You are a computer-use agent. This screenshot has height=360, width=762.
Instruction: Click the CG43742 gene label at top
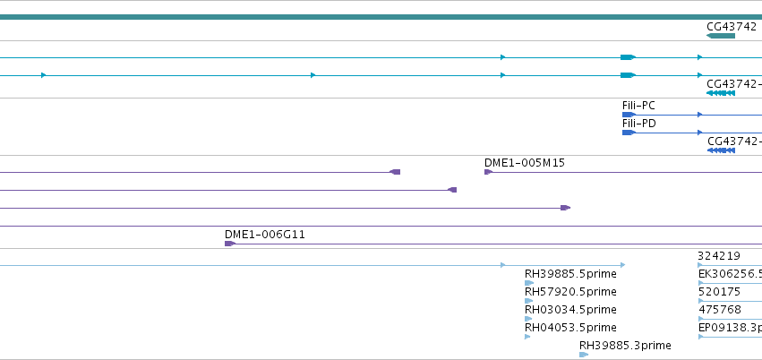732,26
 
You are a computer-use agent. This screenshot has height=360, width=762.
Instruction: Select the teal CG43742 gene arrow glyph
721,36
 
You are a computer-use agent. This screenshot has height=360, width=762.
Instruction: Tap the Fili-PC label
638,106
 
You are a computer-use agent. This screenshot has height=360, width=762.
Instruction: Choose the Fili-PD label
639,124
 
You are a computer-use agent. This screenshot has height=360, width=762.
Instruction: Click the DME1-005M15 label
525,163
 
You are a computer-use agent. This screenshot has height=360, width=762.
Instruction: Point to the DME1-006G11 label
265,235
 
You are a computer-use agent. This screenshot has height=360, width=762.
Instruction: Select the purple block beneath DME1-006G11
230,244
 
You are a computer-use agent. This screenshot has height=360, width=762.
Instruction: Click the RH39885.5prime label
570,274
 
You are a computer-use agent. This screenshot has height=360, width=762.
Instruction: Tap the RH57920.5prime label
570,292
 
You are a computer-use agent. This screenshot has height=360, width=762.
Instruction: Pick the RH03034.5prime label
570,310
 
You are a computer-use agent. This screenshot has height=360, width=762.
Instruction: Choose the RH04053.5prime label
570,328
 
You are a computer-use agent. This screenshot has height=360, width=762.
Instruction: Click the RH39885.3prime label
625,346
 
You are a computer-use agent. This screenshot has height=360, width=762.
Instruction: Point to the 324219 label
719,256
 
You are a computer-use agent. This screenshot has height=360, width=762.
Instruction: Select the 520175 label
719,292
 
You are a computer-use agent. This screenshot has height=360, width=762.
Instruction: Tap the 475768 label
720,310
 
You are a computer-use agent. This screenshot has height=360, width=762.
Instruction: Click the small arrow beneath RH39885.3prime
584,355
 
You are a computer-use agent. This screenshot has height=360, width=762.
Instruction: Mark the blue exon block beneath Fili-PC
629,115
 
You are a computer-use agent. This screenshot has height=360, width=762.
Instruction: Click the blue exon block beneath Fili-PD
629,133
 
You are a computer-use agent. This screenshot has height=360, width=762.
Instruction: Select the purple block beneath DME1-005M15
488,172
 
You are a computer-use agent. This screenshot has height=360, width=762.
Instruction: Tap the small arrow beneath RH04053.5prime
527,337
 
